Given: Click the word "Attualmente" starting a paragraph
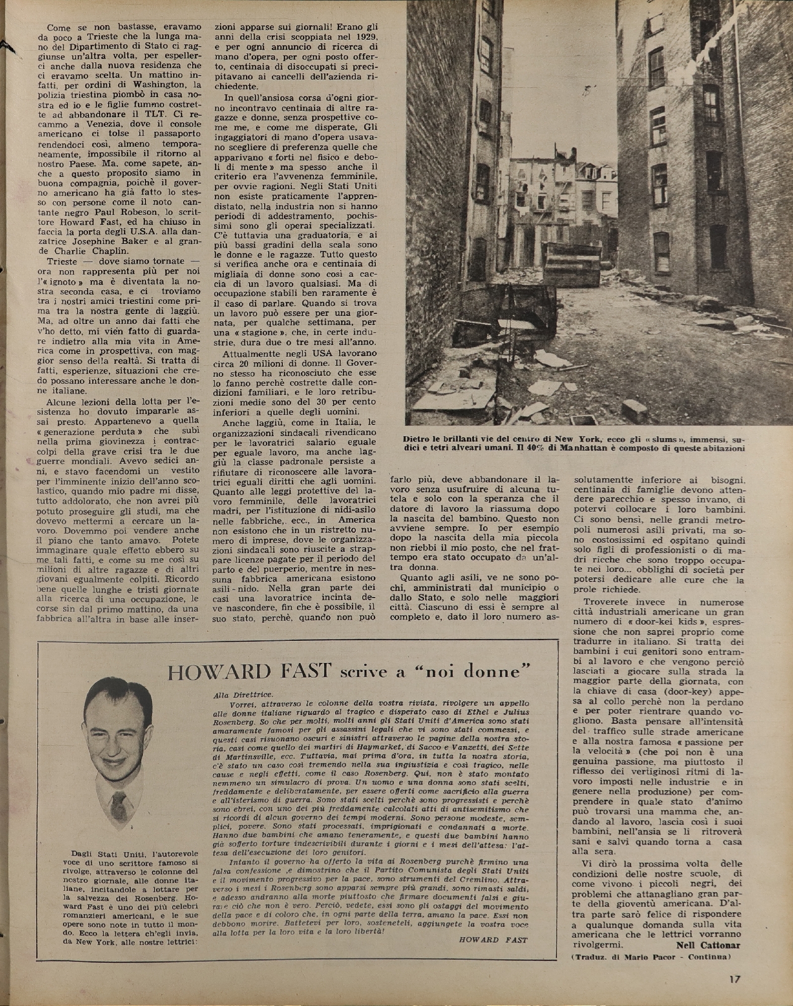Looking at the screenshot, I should [x=254, y=354].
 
